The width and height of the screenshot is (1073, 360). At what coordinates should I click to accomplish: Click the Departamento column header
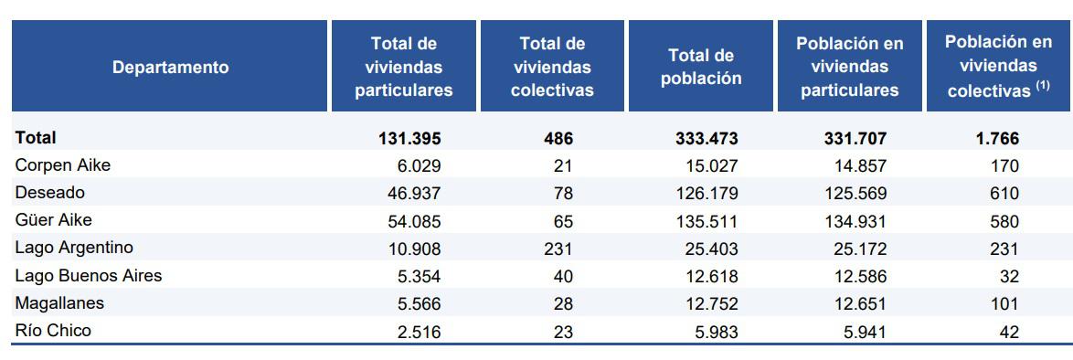(x=170, y=68)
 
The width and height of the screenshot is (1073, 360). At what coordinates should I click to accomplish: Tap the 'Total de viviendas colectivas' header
(x=552, y=68)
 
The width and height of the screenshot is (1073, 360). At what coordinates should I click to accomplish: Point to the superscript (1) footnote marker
(x=1042, y=87)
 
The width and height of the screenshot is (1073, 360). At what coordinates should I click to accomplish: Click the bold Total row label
(x=36, y=138)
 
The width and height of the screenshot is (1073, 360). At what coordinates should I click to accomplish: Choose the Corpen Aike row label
(x=63, y=165)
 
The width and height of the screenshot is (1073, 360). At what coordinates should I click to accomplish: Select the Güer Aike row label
(x=53, y=220)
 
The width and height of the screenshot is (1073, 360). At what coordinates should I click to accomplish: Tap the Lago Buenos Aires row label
(x=88, y=275)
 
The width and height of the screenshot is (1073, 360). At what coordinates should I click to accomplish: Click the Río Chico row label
(x=53, y=331)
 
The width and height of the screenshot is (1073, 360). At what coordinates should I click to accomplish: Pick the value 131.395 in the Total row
(x=409, y=139)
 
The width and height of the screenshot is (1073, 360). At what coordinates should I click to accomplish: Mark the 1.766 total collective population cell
(x=996, y=139)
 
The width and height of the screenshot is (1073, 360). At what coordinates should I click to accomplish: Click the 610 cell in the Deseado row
(x=1003, y=194)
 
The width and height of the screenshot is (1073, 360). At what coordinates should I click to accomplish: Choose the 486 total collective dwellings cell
(x=558, y=139)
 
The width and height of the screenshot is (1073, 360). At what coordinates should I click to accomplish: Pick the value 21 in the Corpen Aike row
(x=562, y=166)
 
